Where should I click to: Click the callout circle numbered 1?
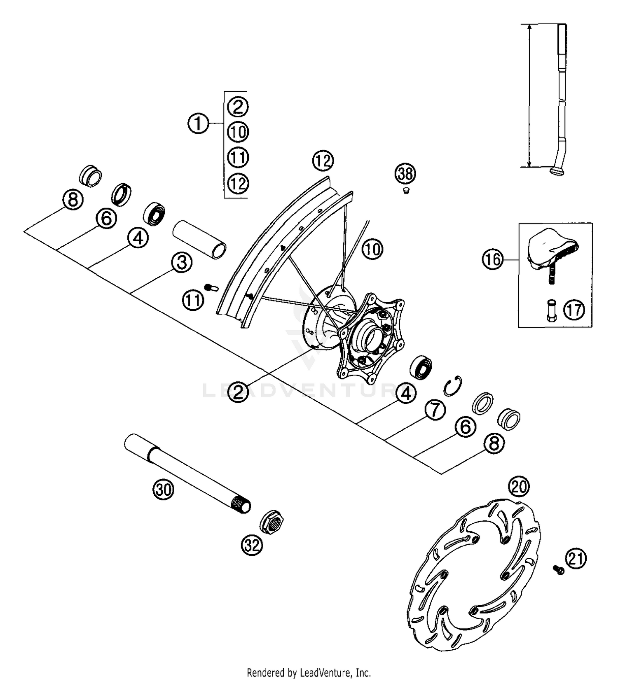(198, 123)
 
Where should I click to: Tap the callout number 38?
(405, 173)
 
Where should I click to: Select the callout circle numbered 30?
(164, 490)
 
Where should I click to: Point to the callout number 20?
(519, 487)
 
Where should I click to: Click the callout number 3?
(182, 263)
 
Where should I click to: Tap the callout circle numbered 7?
(436, 410)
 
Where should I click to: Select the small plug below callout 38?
(406, 191)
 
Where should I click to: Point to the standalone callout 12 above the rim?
(323, 161)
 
